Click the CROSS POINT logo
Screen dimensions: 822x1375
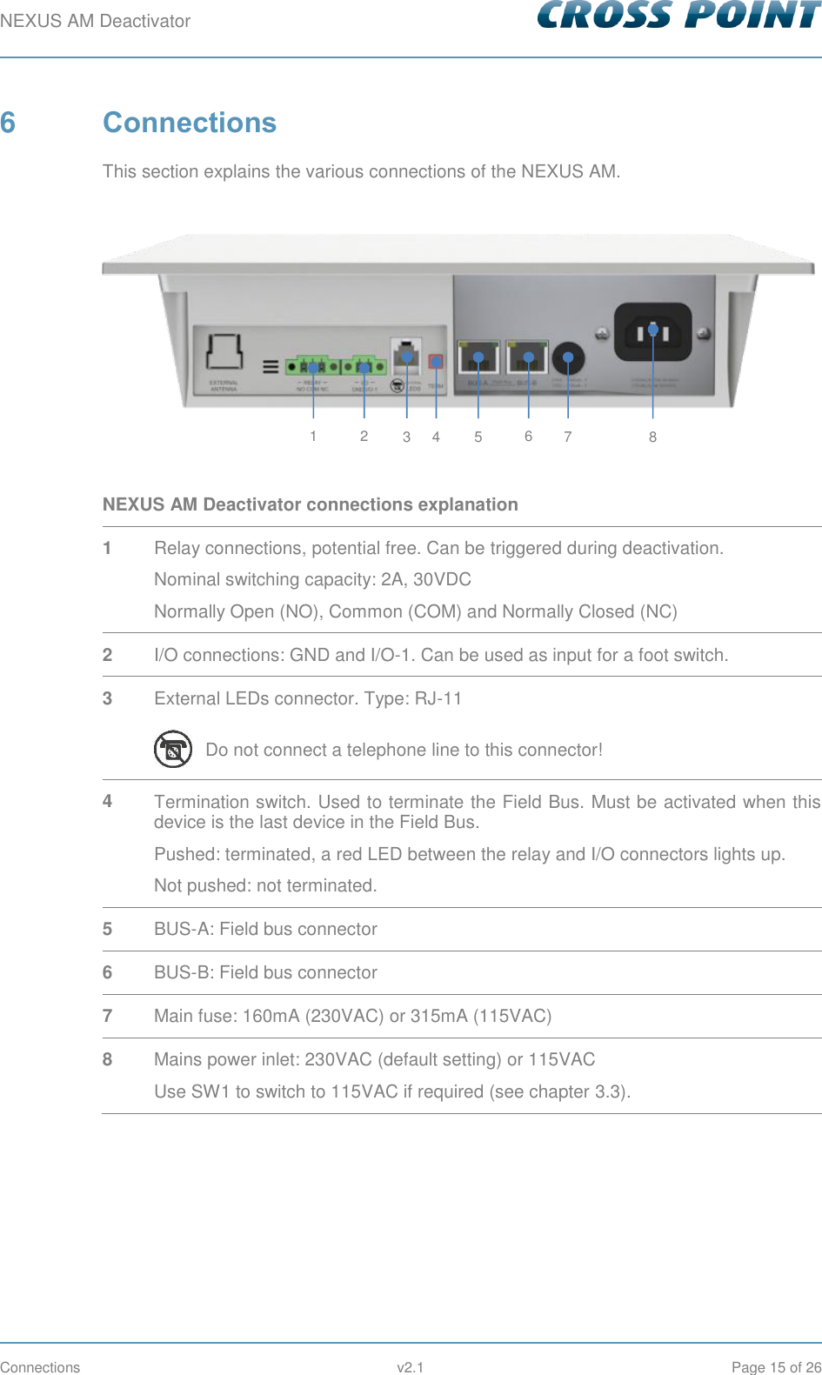pyautogui.click(x=678, y=15)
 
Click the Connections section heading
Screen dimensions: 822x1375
pyautogui.click(x=189, y=123)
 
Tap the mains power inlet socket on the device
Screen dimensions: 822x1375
pyautogui.click(x=652, y=331)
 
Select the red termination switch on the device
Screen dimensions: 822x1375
pyautogui.click(x=436, y=361)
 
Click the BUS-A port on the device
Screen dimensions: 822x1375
pyautogui.click(x=478, y=357)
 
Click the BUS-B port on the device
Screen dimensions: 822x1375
pyautogui.click(x=528, y=357)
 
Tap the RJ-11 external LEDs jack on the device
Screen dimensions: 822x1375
pyautogui.click(x=406, y=355)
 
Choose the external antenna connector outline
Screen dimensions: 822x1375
pyautogui.click(x=224, y=351)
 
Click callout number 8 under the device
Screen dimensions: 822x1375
pyautogui.click(x=652, y=437)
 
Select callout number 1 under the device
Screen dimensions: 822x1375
pyautogui.click(x=313, y=436)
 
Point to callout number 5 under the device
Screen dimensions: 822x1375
pyautogui.click(x=478, y=437)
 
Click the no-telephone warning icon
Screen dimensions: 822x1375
pyautogui.click(x=173, y=749)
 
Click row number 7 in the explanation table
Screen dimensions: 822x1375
pyautogui.click(x=107, y=1016)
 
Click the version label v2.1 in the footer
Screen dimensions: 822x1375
pyautogui.click(x=410, y=1367)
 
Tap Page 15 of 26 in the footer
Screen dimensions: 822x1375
pyautogui.click(x=776, y=1367)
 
